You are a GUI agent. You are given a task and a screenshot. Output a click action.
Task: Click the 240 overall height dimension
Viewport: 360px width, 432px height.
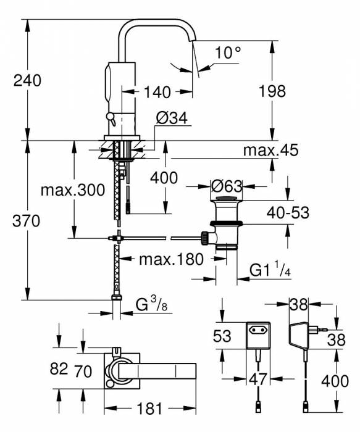(27, 80)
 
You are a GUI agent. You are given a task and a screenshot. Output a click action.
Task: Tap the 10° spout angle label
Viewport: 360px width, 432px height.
(228, 52)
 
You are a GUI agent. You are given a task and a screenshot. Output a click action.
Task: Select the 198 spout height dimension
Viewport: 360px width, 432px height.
(272, 91)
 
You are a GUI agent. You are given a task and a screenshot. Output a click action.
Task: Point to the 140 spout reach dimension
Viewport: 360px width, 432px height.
(157, 92)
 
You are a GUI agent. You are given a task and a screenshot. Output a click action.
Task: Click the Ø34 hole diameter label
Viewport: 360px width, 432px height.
(172, 118)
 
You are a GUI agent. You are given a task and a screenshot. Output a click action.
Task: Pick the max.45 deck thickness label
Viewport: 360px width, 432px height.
(270, 150)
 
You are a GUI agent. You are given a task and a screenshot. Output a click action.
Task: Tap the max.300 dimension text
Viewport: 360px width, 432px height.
(73, 190)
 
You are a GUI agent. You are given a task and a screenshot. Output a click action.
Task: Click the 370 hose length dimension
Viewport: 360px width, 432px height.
(26, 221)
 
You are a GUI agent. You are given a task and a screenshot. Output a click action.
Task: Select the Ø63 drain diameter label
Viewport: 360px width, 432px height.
(227, 186)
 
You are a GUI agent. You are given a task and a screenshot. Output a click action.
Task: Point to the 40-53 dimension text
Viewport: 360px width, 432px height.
(288, 213)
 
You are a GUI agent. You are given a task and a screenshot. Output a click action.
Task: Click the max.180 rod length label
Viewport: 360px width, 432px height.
(171, 259)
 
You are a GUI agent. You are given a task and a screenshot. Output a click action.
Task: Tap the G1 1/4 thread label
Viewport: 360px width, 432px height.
(270, 270)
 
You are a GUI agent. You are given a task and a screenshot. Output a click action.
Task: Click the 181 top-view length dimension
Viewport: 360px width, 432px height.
(149, 409)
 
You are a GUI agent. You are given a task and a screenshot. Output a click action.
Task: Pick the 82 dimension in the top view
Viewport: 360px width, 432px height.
(59, 368)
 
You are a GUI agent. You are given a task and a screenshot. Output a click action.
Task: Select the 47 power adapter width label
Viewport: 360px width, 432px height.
(258, 379)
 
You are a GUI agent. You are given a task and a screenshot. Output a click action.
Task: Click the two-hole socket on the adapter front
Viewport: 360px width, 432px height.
(257, 330)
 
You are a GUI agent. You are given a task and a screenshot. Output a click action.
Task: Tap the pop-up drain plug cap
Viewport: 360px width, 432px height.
(226, 199)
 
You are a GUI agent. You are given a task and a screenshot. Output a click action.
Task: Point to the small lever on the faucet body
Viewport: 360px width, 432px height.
(111, 118)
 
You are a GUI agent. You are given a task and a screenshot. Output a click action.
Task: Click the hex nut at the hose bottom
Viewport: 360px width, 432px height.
(117, 297)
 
